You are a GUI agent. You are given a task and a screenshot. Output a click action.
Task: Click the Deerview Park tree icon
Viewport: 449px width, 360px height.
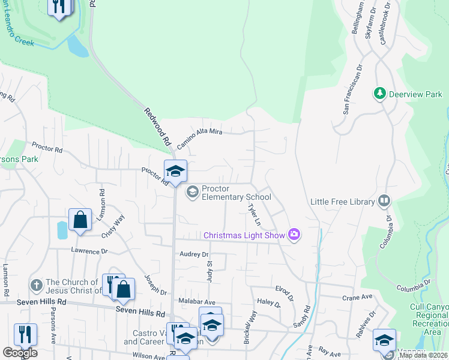coord(379,94)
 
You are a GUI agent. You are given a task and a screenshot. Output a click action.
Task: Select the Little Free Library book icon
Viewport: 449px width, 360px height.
coord(384,202)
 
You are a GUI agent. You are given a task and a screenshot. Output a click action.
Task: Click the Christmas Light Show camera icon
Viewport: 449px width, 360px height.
coord(294,235)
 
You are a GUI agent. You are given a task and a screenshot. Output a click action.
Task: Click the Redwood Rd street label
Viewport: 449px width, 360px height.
coord(157,127)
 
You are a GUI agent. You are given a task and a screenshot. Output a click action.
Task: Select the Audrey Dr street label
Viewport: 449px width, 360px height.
coord(193,254)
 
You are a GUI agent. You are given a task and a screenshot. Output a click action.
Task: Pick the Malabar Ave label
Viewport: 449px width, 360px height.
coord(196,302)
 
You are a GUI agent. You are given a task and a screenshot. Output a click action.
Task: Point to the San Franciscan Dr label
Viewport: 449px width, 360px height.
coord(353,89)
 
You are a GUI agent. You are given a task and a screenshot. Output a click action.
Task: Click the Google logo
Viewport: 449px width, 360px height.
coord(20,353)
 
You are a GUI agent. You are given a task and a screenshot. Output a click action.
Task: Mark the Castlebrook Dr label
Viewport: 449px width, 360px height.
coord(385,22)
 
